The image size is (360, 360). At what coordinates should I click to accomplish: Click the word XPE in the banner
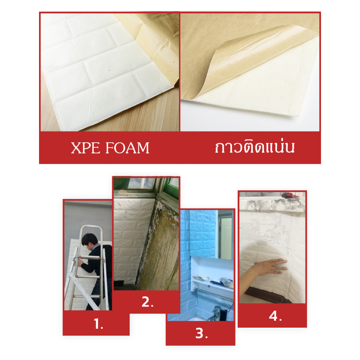click(85, 148)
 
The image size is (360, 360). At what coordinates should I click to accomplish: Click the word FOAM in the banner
click(127, 148)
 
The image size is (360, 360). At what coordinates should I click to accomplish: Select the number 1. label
click(98, 324)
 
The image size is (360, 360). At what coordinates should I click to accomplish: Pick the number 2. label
click(147, 302)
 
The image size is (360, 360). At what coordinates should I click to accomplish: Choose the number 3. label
click(201, 333)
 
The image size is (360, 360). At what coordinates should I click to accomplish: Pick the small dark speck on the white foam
click(109, 70)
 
